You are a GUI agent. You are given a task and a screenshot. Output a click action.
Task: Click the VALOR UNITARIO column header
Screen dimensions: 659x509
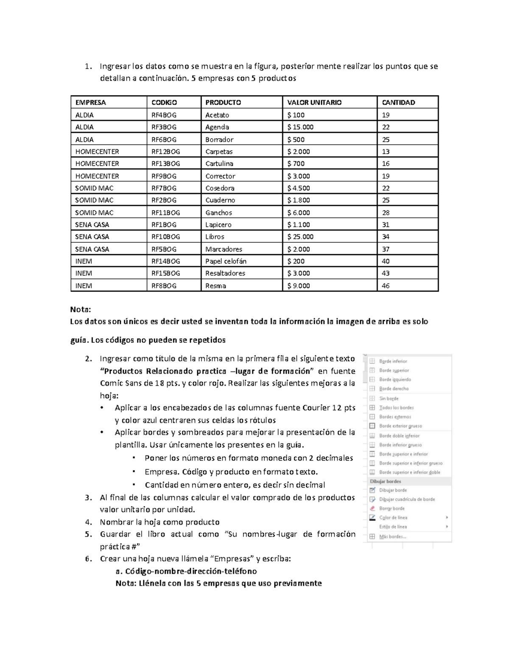[314, 102]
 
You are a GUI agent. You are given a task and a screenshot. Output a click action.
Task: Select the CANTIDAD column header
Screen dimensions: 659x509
[398, 102]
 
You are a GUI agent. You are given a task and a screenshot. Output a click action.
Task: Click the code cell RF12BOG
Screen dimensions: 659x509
[165, 151]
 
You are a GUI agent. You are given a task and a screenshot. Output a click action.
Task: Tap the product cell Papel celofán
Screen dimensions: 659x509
[226, 261]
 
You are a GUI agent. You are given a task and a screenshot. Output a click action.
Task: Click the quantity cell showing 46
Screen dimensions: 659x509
[386, 286]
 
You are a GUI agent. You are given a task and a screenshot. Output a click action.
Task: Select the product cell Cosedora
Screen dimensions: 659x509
[220, 188]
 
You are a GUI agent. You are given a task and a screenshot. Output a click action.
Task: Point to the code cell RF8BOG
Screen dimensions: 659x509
[164, 286]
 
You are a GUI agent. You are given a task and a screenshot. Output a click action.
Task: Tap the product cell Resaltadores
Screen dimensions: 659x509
[225, 273]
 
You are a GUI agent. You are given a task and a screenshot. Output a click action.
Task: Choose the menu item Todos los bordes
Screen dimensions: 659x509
[396, 408]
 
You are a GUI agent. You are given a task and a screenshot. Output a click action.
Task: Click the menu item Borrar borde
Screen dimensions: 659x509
[392, 508]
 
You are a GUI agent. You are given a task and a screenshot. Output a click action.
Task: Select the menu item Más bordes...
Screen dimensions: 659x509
[392, 537]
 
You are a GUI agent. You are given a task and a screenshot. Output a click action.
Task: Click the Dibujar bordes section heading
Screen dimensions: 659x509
[385, 482]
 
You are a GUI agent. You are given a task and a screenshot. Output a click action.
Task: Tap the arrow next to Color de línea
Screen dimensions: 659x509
[447, 518]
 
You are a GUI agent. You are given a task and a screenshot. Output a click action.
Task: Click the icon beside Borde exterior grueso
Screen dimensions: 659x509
[372, 426]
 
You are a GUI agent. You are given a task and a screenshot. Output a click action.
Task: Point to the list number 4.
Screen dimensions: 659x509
[88, 522]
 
